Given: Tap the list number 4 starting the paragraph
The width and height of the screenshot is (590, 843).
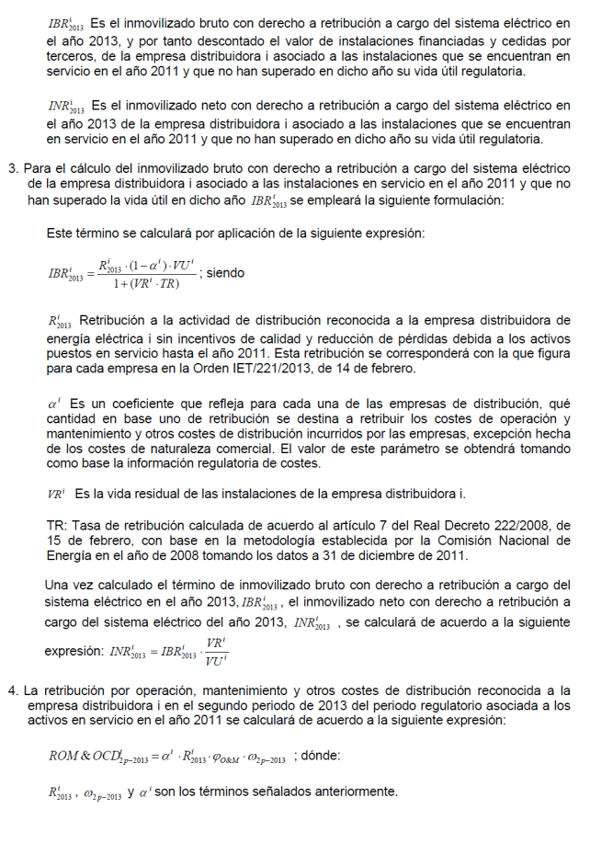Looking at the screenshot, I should click(x=13, y=689).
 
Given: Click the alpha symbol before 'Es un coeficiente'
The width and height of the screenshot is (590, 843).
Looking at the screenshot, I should click(x=54, y=404).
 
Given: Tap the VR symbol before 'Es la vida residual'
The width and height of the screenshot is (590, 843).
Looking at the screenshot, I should click(x=56, y=494).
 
